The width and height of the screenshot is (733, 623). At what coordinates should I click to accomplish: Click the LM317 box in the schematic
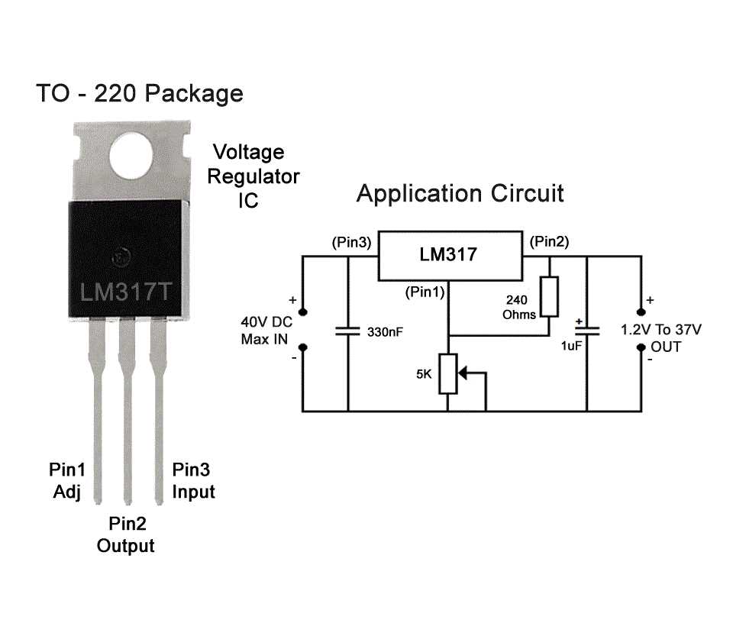pyautogui.click(x=447, y=255)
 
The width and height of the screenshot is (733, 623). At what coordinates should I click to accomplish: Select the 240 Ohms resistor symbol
pyautogui.click(x=548, y=297)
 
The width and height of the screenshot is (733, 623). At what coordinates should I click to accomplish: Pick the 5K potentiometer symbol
pyautogui.click(x=448, y=374)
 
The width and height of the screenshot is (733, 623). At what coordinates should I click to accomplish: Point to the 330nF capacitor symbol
pyautogui.click(x=348, y=332)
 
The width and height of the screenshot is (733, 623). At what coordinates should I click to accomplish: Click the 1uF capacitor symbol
pyautogui.click(x=587, y=332)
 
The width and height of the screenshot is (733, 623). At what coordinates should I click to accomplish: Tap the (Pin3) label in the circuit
pyautogui.click(x=351, y=242)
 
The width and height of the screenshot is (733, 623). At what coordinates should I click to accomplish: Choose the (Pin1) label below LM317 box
pyautogui.click(x=425, y=292)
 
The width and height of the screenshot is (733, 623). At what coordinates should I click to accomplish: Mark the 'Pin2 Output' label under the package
pyautogui.click(x=126, y=534)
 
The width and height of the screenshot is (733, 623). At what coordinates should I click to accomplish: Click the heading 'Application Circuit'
pyautogui.click(x=460, y=193)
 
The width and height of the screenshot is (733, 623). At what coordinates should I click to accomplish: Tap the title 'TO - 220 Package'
pyautogui.click(x=140, y=94)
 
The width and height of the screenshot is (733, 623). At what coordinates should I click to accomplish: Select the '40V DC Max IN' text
pyautogui.click(x=266, y=330)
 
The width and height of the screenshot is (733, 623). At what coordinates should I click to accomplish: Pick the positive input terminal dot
pyautogui.click(x=303, y=311)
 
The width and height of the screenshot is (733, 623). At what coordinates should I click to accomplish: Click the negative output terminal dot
pyautogui.click(x=640, y=347)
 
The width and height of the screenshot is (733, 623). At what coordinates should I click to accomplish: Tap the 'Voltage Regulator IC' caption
pyautogui.click(x=255, y=176)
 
